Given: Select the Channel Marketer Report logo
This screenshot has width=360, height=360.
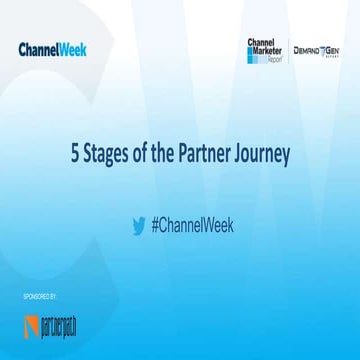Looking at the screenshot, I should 265,49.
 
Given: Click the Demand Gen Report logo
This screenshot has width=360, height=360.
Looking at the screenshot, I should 316,50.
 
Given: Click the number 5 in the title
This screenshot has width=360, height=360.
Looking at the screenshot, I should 75,156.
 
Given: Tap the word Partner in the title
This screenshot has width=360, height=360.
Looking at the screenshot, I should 212,156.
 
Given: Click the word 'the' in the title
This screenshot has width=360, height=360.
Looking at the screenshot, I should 171,156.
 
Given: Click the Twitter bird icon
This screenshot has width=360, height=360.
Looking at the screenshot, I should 138,225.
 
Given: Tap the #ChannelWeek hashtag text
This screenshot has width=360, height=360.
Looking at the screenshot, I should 192,225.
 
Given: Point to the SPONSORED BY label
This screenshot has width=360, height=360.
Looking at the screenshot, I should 38,298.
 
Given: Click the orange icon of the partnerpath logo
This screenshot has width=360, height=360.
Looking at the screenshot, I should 31,327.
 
